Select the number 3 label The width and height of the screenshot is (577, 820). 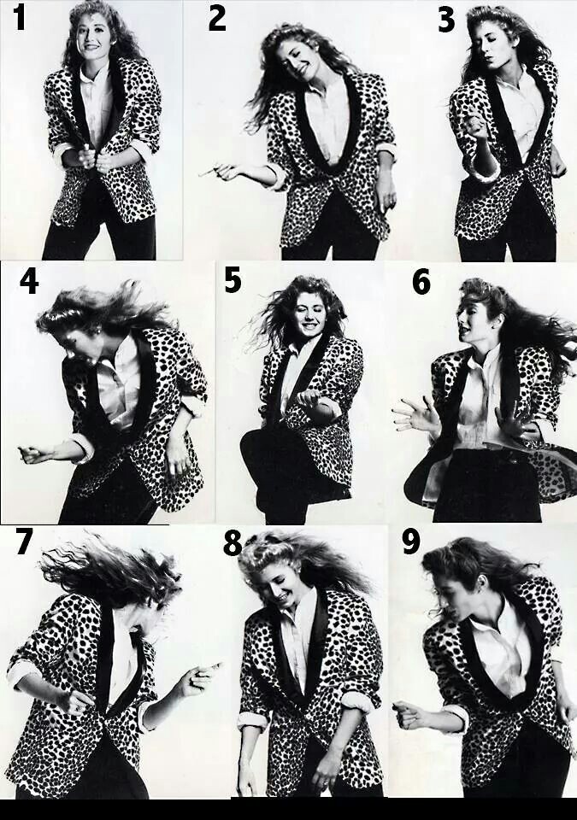[x=446, y=20]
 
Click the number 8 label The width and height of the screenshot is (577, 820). [x=232, y=543]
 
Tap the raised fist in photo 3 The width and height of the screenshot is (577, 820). [x=476, y=126]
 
